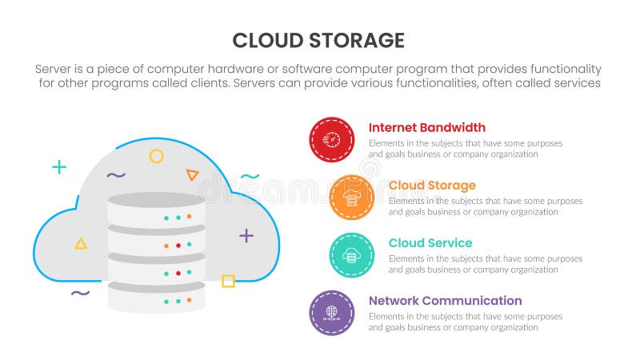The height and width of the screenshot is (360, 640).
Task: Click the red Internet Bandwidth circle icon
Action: [331, 140]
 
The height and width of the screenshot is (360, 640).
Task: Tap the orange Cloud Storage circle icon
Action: [351, 198]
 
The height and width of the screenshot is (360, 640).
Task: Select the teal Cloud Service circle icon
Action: [351, 255]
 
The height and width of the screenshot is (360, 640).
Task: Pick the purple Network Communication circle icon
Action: [331, 313]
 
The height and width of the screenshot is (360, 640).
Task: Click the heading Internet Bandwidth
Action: [426, 128]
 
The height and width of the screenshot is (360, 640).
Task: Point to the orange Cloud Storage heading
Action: [432, 186]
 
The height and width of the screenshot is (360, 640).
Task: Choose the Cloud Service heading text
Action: [430, 243]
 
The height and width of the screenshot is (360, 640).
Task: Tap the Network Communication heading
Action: [445, 301]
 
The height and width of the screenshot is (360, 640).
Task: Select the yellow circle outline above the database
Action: [157, 156]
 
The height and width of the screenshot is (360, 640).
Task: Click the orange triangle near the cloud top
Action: [192, 174]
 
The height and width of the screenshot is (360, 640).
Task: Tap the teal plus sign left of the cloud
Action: [59, 167]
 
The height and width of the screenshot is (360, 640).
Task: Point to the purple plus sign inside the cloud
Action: [246, 235]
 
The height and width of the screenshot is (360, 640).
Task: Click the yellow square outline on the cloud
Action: [228, 281]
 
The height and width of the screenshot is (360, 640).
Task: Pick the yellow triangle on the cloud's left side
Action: [81, 243]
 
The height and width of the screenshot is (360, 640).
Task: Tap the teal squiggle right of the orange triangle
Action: [250, 176]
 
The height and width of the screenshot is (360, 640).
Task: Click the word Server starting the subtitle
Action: [55, 69]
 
